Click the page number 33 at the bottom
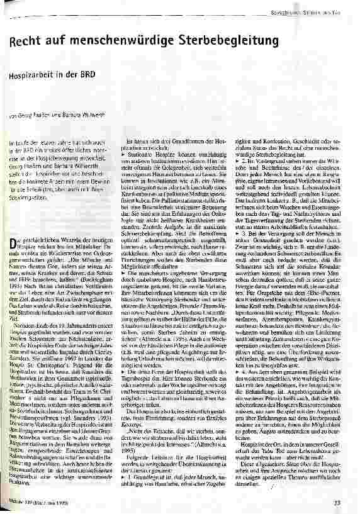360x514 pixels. pyautogui.click(x=337, y=501)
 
